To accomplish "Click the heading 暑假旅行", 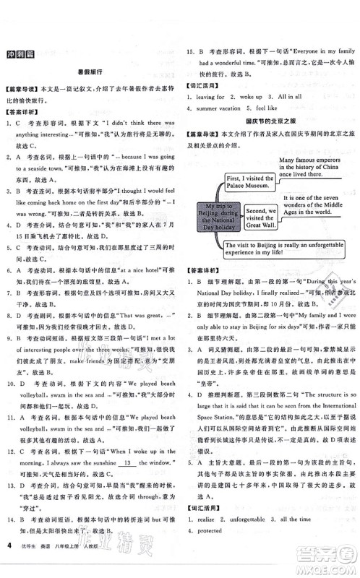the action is (90, 72).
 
